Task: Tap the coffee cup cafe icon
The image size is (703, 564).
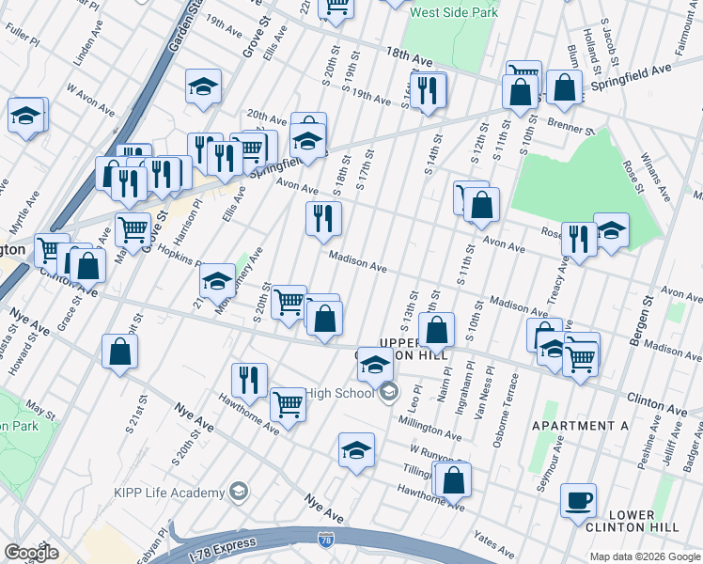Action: [578, 499]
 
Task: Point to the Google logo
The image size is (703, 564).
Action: [31, 553]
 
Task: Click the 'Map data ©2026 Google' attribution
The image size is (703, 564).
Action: [645, 556]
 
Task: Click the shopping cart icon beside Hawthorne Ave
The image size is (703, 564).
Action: [288, 405]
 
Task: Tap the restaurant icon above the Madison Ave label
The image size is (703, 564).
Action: [323, 218]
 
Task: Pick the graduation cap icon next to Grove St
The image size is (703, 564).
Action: [203, 86]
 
